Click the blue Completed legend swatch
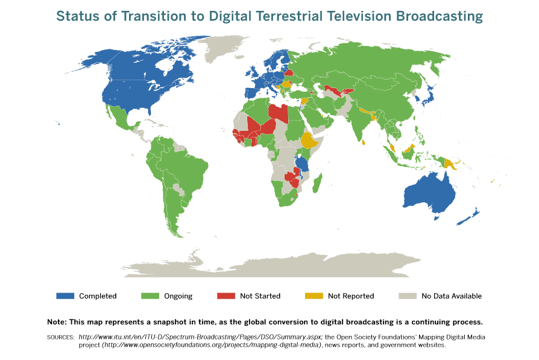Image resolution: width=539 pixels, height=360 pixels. (x=65, y=295)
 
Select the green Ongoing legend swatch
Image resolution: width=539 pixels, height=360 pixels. (x=150, y=295)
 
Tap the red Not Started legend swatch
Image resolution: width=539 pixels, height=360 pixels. (x=225, y=295)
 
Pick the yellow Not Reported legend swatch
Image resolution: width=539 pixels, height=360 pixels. (x=313, y=295)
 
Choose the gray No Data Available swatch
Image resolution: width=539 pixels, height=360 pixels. (x=407, y=295)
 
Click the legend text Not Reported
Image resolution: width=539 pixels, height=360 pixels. (x=351, y=296)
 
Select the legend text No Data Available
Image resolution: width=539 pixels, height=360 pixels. (x=452, y=296)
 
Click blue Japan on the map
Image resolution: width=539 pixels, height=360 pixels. (x=429, y=95)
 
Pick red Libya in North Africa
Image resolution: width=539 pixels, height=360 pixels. (x=279, y=112)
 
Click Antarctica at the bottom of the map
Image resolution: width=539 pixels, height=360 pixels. (x=271, y=265)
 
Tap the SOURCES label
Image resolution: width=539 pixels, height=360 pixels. (x=60, y=337)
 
